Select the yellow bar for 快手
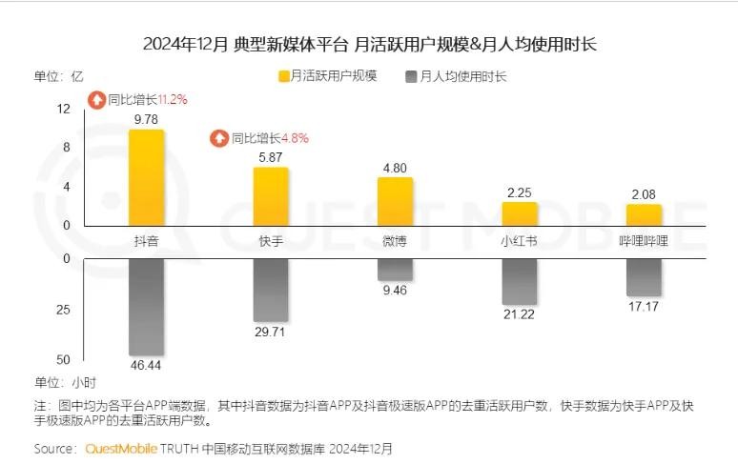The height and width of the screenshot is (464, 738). click(x=271, y=196)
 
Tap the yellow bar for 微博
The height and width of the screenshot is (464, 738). click(x=395, y=201)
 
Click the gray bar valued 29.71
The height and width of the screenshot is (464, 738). click(x=271, y=290)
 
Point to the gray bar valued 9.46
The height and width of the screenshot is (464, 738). click(x=395, y=270)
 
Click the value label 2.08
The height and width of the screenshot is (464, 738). click(x=644, y=194)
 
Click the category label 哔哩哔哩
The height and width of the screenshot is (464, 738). click(x=644, y=241)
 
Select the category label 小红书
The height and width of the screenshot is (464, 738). click(x=520, y=241)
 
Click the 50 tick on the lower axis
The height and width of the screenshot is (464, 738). click(x=63, y=360)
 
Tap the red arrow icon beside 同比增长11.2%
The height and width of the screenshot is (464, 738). click(x=96, y=99)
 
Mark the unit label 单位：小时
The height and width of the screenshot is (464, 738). click(x=66, y=382)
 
